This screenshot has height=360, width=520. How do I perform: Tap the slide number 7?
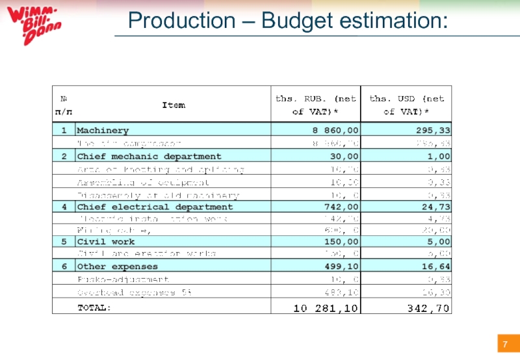(504, 342)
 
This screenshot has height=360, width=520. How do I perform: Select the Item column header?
(173, 105)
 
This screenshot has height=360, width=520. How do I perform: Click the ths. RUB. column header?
(316, 105)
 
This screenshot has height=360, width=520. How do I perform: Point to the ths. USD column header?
(407, 105)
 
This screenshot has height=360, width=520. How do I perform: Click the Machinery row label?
(103, 131)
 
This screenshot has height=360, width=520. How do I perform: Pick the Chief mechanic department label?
(149, 157)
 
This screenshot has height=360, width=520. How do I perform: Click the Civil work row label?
(106, 242)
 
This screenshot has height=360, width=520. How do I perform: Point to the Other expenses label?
(118, 267)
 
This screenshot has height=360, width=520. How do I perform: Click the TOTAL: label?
(95, 307)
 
